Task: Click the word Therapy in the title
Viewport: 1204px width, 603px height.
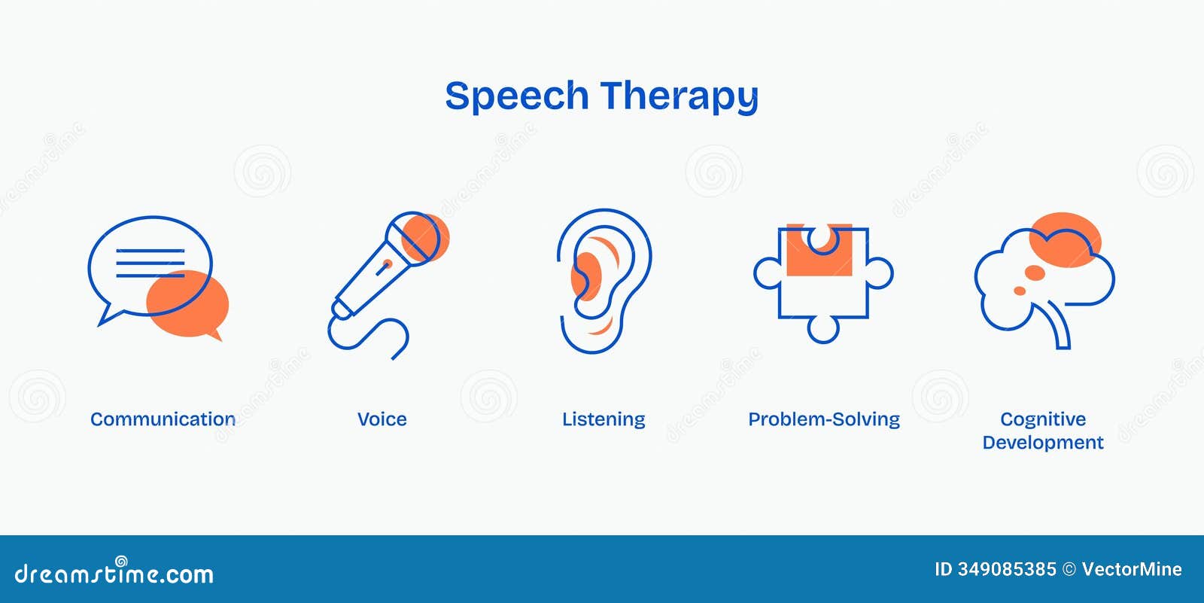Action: pyautogui.click(x=680, y=97)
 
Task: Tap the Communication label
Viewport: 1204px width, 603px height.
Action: pyautogui.click(x=163, y=419)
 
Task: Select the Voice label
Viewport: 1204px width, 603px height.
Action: pyautogui.click(x=382, y=419)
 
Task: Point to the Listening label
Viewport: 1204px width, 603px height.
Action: pyautogui.click(x=604, y=419)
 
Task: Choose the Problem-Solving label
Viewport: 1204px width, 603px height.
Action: pyautogui.click(x=824, y=419)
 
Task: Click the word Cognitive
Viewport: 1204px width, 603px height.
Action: pyautogui.click(x=1043, y=419)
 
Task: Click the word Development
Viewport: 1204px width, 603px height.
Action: pyautogui.click(x=1043, y=443)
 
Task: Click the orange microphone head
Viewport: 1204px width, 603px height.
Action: pyautogui.click(x=425, y=237)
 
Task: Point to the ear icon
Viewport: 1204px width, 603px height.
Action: pyautogui.click(x=604, y=281)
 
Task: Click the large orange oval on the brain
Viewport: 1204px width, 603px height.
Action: pyautogui.click(x=1066, y=240)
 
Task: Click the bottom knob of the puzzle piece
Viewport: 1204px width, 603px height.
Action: pyautogui.click(x=823, y=330)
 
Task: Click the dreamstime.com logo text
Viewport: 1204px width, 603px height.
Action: pyautogui.click(x=114, y=571)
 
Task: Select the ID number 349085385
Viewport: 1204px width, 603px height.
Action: pyautogui.click(x=1007, y=569)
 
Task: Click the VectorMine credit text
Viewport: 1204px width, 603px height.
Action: pyautogui.click(x=1132, y=569)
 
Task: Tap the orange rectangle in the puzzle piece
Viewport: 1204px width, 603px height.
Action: pyautogui.click(x=819, y=250)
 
